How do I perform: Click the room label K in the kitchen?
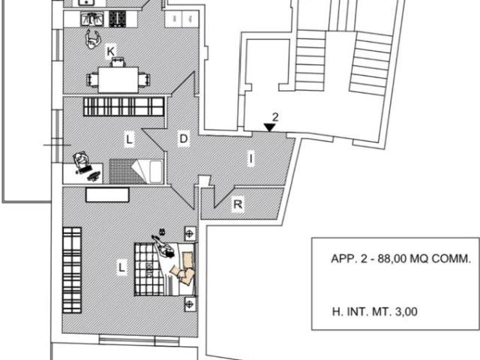pos(110,51)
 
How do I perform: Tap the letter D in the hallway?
pos(183,139)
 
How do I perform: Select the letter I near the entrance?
pos(251,159)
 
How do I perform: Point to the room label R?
pos(238,204)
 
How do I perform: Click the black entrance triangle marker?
pos(269,127)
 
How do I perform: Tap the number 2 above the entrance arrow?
pos(275,117)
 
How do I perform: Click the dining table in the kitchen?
pos(118,80)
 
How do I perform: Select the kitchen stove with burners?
pos(118,19)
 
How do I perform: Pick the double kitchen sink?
pos(91,19)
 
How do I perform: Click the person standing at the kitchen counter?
pos(93,40)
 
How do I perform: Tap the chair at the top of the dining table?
pos(118,62)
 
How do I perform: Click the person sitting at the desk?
pos(81,160)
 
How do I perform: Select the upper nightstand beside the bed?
pos(190,234)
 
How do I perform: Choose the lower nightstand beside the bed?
pos(190,304)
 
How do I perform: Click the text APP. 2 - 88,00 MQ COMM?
pos(400,259)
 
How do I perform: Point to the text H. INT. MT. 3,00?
pos(375,312)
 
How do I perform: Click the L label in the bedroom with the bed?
pos(121,268)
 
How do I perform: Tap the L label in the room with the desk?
pos(129,139)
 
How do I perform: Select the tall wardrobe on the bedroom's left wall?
pos(72,270)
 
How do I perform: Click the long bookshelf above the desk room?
pos(124,106)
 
